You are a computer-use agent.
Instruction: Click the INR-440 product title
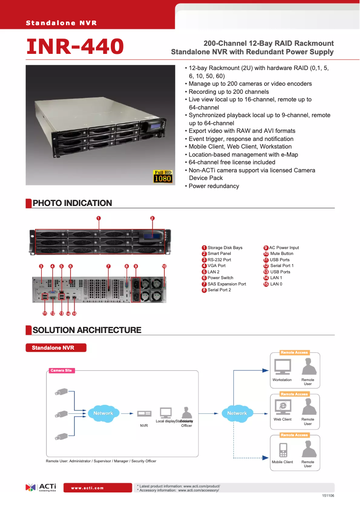tap(75, 47)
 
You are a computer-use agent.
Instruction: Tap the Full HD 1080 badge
tap(162, 176)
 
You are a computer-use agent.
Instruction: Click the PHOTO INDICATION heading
tap(72, 203)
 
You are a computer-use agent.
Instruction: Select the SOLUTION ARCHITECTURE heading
tap(87, 330)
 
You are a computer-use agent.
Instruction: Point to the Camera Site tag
tap(61, 371)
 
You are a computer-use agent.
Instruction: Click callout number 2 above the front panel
tap(152, 219)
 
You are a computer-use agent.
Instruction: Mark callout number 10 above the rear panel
tap(164, 266)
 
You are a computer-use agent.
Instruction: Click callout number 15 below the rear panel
tap(75, 313)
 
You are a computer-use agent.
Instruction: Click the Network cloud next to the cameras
tap(103, 413)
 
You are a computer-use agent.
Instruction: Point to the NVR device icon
tap(144, 414)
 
